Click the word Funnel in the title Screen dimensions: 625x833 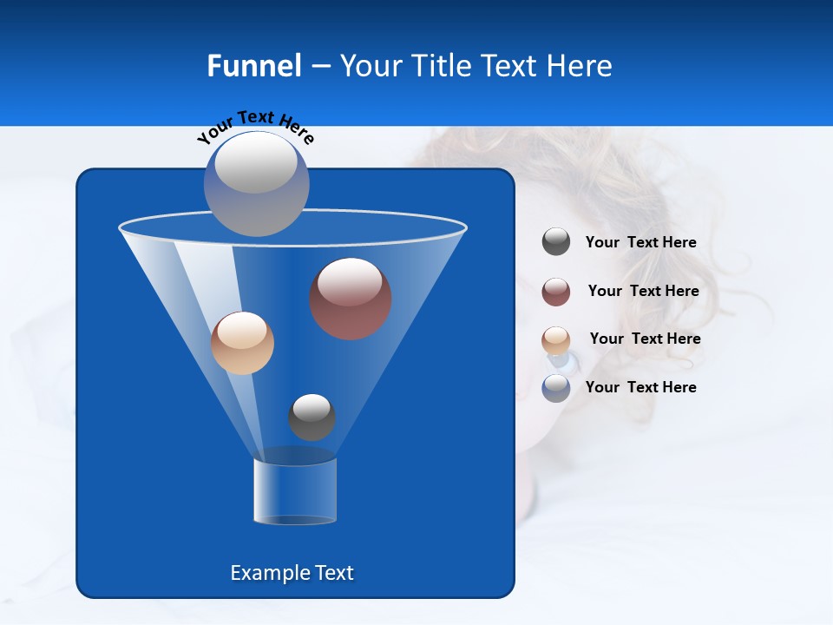pyautogui.click(x=253, y=66)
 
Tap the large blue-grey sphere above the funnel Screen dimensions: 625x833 pyautogui.click(x=256, y=183)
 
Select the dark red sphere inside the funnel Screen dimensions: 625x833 pyautogui.click(x=351, y=299)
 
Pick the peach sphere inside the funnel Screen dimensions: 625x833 pyautogui.click(x=242, y=343)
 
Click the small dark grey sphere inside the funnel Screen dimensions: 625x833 pyautogui.click(x=312, y=418)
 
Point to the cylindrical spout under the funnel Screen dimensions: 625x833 pyautogui.click(x=295, y=490)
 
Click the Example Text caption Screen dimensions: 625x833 pyautogui.click(x=292, y=573)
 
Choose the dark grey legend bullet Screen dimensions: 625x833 pyautogui.click(x=556, y=242)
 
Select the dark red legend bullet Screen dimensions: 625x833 pyautogui.click(x=556, y=291)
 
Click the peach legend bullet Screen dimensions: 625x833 pyautogui.click(x=556, y=339)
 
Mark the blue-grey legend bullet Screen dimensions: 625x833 pyautogui.click(x=556, y=388)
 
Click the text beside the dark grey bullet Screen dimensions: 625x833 pyautogui.click(x=640, y=243)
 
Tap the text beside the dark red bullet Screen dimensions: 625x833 pyautogui.click(x=643, y=292)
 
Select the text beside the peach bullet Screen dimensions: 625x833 pyautogui.click(x=645, y=339)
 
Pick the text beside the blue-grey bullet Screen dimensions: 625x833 pyautogui.click(x=640, y=388)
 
